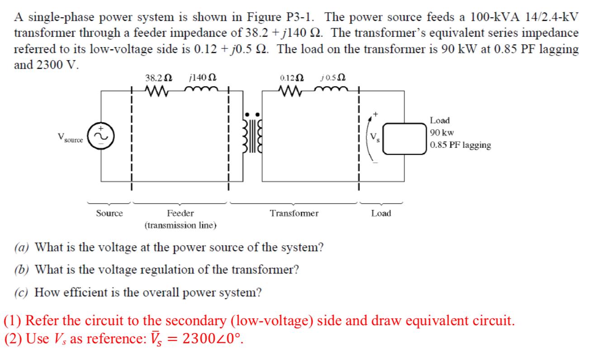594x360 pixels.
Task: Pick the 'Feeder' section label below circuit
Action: pos(180,213)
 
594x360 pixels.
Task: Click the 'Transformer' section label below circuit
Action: pos(294,213)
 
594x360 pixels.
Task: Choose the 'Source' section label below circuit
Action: pos(109,213)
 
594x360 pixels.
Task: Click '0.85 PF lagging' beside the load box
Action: pos(460,145)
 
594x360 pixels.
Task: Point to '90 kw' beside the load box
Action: pos(442,133)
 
